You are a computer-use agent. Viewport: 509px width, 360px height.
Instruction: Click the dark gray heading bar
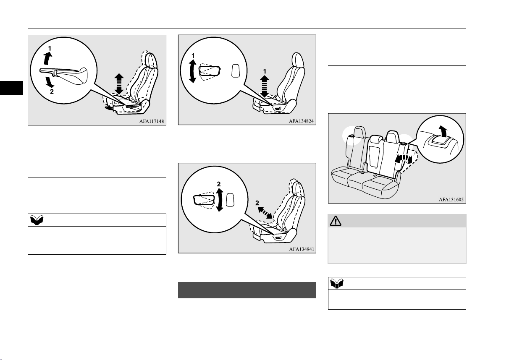tap(247, 290)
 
